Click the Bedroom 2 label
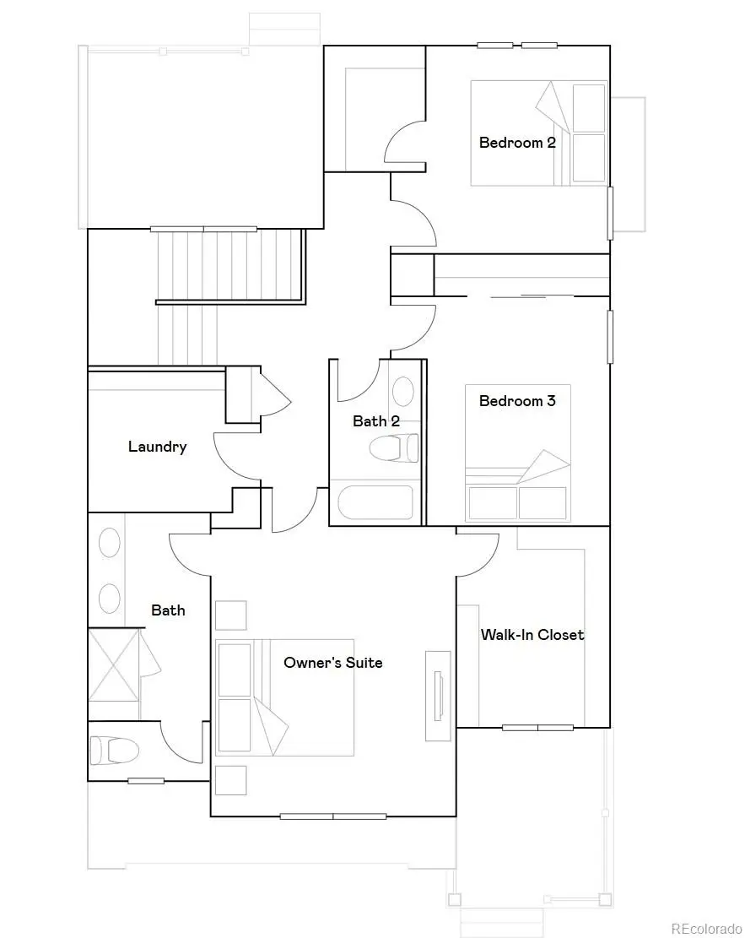517,143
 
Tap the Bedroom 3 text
517,401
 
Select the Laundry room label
157,447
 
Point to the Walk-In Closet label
532,635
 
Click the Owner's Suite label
332,663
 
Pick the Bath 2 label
375,421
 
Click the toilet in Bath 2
394,447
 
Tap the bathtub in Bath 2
375,502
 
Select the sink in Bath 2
404,392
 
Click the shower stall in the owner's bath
114,664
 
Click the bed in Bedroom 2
538,133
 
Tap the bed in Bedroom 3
517,456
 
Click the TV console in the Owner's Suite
438,696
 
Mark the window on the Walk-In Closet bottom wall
537,727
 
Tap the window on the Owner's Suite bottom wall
332,816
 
